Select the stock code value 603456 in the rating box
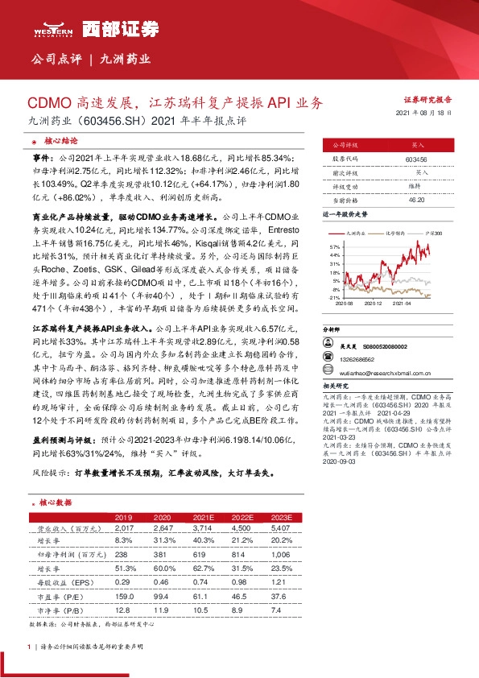(416, 160)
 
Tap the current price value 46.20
(416, 199)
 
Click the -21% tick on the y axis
(334, 296)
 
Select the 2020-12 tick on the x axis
(373, 304)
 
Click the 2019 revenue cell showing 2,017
(124, 528)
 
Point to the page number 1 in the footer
(29, 647)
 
